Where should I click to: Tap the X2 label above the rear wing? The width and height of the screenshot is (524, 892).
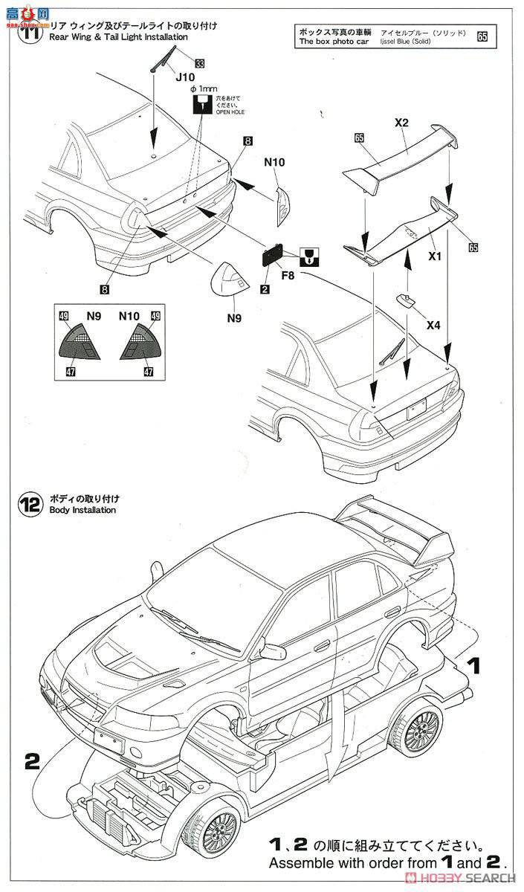tap(402, 123)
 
